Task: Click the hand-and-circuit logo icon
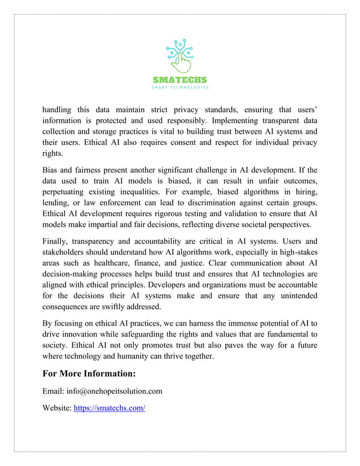point(180,56)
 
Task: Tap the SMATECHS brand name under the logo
point(180,80)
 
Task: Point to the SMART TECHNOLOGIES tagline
point(180,87)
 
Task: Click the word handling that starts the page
point(58,109)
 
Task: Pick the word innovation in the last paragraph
point(76,335)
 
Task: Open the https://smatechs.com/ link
point(109,408)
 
